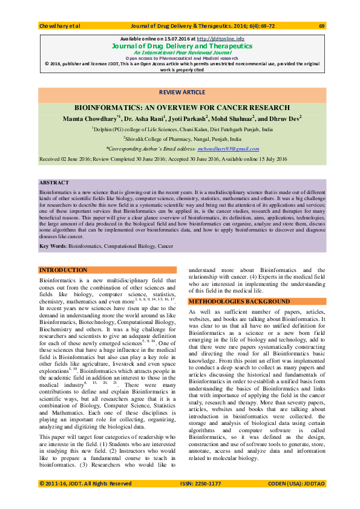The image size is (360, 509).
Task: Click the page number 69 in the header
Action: tap(321, 26)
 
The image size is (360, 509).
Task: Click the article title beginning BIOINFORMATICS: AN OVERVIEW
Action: tap(182, 107)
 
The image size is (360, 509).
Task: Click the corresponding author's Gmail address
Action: tap(235, 148)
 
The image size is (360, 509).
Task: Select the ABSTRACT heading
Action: tap(54, 183)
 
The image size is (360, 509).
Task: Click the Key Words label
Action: tap(53, 246)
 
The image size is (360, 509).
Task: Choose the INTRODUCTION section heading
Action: tap(64, 270)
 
